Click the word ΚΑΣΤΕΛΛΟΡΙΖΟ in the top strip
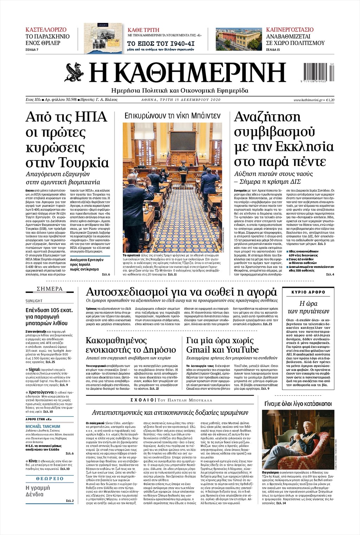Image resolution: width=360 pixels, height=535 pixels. tap(46, 30)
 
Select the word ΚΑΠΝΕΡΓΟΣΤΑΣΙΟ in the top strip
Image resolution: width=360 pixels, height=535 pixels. tap(290, 30)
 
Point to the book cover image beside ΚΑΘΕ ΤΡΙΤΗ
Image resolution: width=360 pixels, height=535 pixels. tap(103, 38)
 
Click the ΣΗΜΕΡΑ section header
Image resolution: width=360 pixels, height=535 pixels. tap(50, 289)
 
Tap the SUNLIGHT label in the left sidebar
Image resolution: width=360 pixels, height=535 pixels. tap(34, 301)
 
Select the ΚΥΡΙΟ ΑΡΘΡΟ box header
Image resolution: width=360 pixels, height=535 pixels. tap(308, 292)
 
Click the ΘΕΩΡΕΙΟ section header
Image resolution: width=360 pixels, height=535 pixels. tap(50, 478)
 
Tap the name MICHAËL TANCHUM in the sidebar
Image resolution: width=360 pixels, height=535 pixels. tap(43, 426)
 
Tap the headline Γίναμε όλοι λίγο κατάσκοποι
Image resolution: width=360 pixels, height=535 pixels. tap(297, 404)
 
